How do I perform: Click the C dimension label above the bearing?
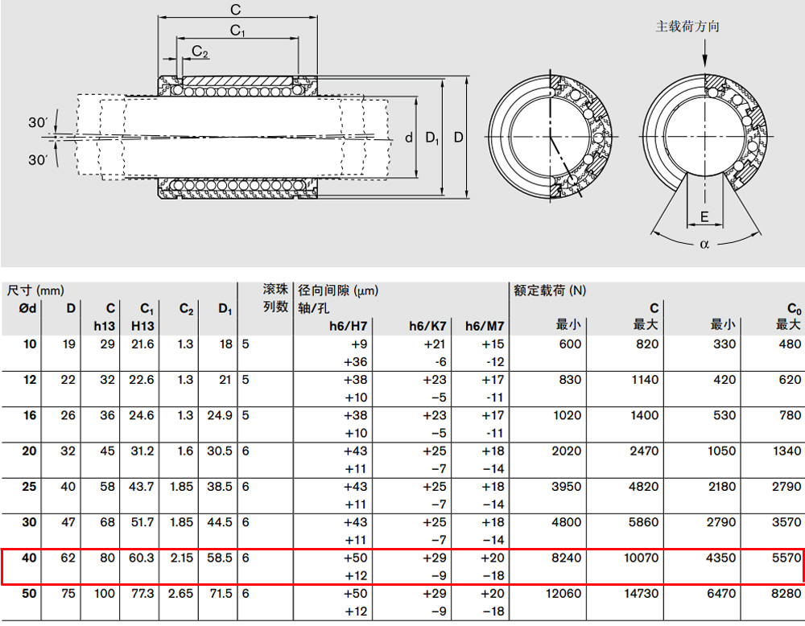(236, 10)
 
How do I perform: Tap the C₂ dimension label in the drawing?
(200, 51)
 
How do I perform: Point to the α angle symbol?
(704, 245)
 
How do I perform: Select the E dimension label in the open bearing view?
(704, 216)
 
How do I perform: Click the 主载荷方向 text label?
(687, 27)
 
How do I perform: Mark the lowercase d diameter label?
(409, 138)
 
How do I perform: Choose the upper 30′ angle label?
(38, 122)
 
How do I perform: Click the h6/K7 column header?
(427, 326)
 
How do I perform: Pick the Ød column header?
(27, 308)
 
